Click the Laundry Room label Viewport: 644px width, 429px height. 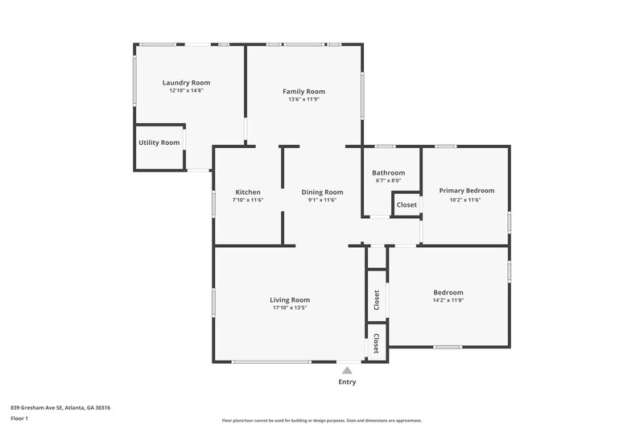(186, 83)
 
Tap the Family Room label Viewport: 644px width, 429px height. (303, 92)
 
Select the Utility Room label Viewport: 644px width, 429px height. (159, 142)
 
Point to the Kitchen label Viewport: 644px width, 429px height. (247, 192)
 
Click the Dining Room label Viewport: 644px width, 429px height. (322, 192)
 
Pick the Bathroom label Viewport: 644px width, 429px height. (388, 173)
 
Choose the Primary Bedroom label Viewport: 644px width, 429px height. (466, 191)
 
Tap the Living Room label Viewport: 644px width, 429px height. (290, 299)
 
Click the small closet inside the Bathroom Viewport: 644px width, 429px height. (407, 204)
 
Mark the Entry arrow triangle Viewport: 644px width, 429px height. (347, 370)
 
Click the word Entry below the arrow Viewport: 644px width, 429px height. (347, 382)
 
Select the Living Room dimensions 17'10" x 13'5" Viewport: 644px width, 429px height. (290, 307)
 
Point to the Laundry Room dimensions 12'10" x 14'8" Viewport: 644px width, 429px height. (186, 91)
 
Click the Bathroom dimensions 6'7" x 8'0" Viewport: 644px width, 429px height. (388, 181)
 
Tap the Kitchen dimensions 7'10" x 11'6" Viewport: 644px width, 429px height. (247, 200)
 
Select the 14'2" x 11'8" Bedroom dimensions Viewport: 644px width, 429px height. (448, 300)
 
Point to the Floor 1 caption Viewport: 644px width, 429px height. (19, 419)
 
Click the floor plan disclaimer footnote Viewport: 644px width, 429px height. (321, 420)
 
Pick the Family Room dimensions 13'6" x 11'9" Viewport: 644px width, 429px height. (303, 100)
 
